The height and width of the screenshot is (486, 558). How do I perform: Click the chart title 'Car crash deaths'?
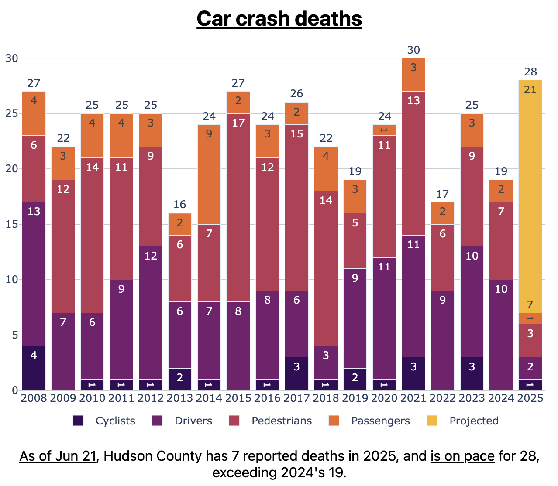point(279,19)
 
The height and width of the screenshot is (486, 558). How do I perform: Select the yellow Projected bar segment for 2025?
point(530,196)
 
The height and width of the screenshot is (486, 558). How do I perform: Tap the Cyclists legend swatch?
point(78,421)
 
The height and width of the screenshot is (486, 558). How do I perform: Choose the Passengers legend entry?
point(380,421)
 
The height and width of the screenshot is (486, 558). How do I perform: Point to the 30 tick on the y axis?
point(11,58)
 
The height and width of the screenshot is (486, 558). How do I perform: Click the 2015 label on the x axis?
point(238,398)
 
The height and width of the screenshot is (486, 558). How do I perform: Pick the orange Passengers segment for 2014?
point(209,175)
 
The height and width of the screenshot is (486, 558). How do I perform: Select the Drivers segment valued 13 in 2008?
point(34,274)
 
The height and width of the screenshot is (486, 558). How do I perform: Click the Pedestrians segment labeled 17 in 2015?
point(238,207)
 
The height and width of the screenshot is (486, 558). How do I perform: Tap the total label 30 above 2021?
point(413,50)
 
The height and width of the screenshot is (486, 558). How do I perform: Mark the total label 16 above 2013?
point(180,205)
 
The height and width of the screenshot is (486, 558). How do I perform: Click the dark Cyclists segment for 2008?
point(34,368)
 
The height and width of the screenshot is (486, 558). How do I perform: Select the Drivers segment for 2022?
point(443,340)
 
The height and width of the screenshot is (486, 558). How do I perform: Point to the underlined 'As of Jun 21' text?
point(58,456)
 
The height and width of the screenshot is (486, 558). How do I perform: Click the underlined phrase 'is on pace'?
point(462,456)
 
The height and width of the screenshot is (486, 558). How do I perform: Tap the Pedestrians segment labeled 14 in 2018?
point(326,268)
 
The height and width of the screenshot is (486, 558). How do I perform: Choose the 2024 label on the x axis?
point(501,398)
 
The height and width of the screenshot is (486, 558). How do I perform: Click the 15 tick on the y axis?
point(11,224)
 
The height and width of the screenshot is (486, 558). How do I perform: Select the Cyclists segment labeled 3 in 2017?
point(296,373)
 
